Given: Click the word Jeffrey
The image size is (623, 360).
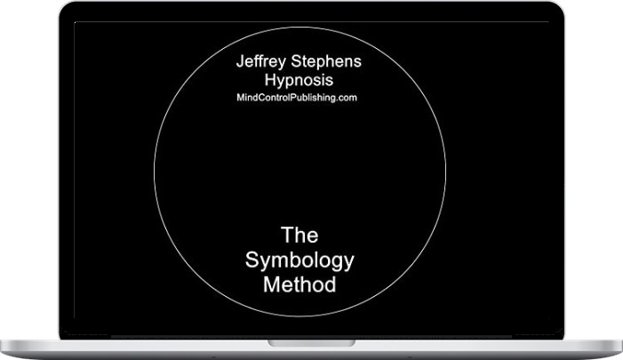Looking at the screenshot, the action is pos(260,62).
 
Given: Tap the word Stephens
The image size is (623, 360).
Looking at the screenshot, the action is pos(326,61).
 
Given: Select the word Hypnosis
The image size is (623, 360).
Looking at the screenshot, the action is pos(299,81).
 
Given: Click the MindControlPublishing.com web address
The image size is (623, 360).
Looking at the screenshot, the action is pos(297,98).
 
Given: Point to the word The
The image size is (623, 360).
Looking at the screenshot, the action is pos(300,235).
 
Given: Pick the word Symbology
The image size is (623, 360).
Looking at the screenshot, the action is pos(300,261).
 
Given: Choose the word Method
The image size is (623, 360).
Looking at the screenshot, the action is pos(300,284).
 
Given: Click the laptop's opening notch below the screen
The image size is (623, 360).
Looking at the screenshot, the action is pos(311,343).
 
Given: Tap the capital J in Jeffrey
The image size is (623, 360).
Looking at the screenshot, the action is pos(240,61).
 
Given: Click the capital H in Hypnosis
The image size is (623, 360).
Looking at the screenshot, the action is pos(270,80).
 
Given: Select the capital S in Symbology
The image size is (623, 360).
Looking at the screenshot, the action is pos(252,260).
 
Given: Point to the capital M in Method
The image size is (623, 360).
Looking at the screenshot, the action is pos(271,284).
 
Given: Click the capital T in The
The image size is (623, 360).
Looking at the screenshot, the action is pos(287,235).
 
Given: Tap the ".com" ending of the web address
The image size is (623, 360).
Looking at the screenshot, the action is pos(348,98).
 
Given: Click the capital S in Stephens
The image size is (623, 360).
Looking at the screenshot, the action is pos(297,61).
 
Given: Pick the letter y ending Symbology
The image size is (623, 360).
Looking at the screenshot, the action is pos(349,263).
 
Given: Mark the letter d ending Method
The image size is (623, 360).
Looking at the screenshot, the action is pos(331,284).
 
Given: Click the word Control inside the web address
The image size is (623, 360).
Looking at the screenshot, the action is pos(275,98).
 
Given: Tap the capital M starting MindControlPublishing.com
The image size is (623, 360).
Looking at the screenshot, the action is pos(240,98).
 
